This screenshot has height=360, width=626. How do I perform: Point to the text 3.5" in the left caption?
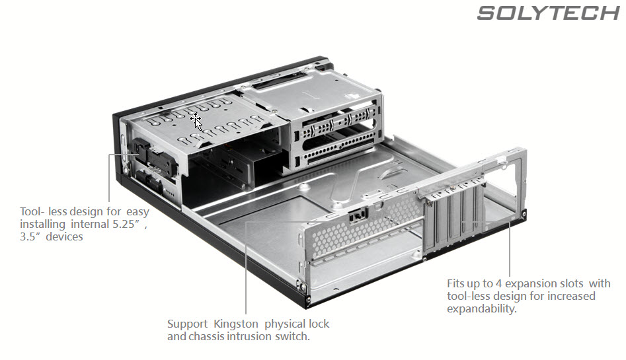point(32,236)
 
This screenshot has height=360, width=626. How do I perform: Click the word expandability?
point(481,308)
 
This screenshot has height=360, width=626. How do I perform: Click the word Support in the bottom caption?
point(188,324)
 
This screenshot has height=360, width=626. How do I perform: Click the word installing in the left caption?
point(42,224)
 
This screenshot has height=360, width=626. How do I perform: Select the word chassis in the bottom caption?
point(208,336)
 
